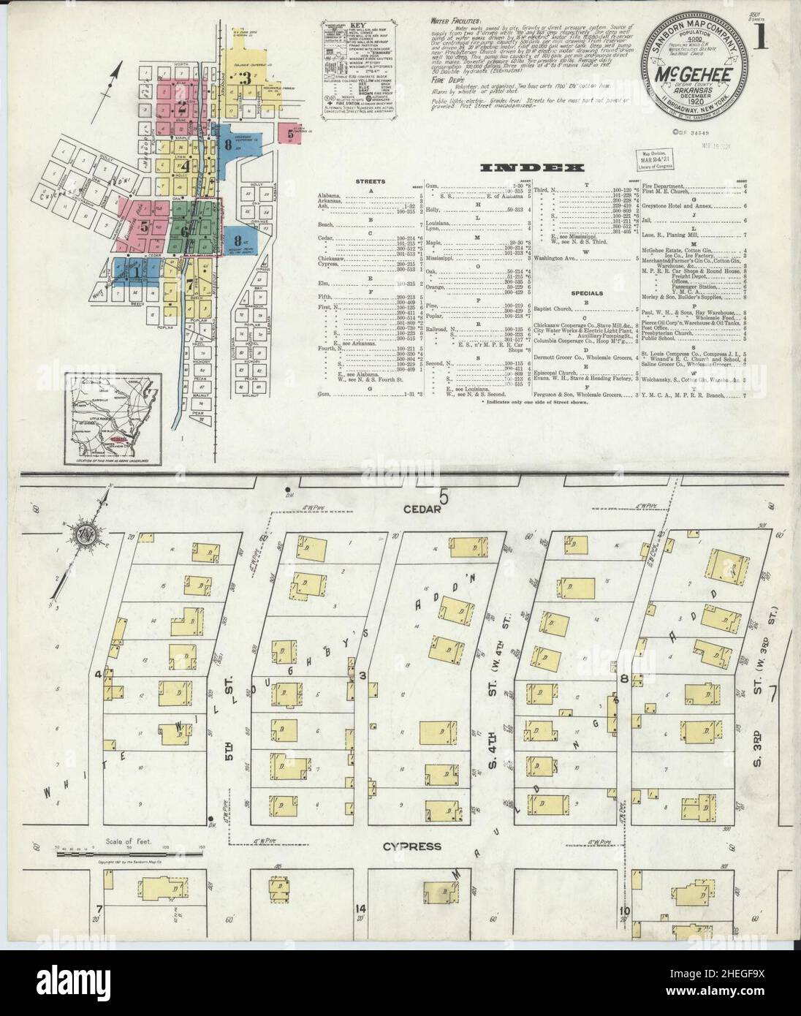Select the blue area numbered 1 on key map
coord(136,271)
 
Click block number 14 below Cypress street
coord(360,909)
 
